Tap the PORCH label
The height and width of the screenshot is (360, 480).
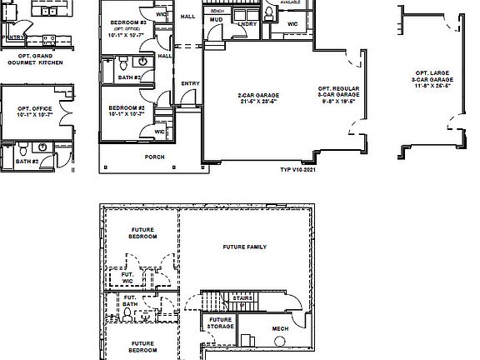[154, 157]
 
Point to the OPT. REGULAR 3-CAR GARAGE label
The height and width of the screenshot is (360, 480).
[338, 92]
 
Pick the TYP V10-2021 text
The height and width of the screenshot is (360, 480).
[298, 170]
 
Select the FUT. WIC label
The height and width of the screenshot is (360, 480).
[128, 277]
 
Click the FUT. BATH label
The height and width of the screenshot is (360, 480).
[130, 301]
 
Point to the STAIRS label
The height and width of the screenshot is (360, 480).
[242, 297]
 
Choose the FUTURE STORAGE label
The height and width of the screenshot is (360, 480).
[220, 323]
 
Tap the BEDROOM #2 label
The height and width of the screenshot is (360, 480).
[127, 108]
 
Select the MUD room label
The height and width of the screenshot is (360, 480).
[216, 17]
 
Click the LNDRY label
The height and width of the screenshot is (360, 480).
[246, 24]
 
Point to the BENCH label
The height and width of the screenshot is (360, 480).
[217, 10]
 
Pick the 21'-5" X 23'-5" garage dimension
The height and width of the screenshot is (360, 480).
[257, 102]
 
